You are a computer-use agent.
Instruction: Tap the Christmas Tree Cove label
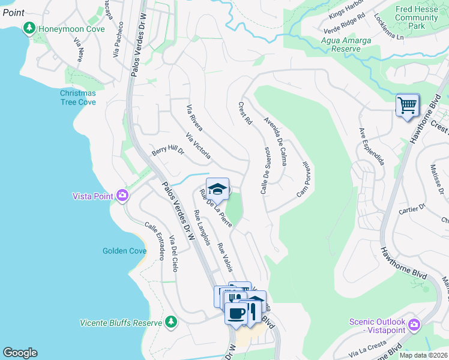click(x=77, y=98)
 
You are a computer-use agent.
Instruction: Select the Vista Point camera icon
click(x=122, y=196)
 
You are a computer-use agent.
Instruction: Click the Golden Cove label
click(x=124, y=251)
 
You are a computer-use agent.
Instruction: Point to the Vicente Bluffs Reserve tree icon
click(x=171, y=323)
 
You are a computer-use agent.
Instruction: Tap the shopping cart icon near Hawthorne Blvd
click(x=408, y=106)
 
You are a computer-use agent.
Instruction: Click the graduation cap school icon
click(x=217, y=188)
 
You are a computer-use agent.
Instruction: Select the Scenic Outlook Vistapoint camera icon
click(x=414, y=325)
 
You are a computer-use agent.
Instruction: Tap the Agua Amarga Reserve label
click(x=346, y=46)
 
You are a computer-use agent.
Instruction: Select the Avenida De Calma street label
click(x=275, y=137)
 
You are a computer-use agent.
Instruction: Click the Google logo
click(x=20, y=353)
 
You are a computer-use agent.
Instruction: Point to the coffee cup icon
click(x=235, y=313)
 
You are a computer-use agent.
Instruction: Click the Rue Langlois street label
click(x=202, y=227)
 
